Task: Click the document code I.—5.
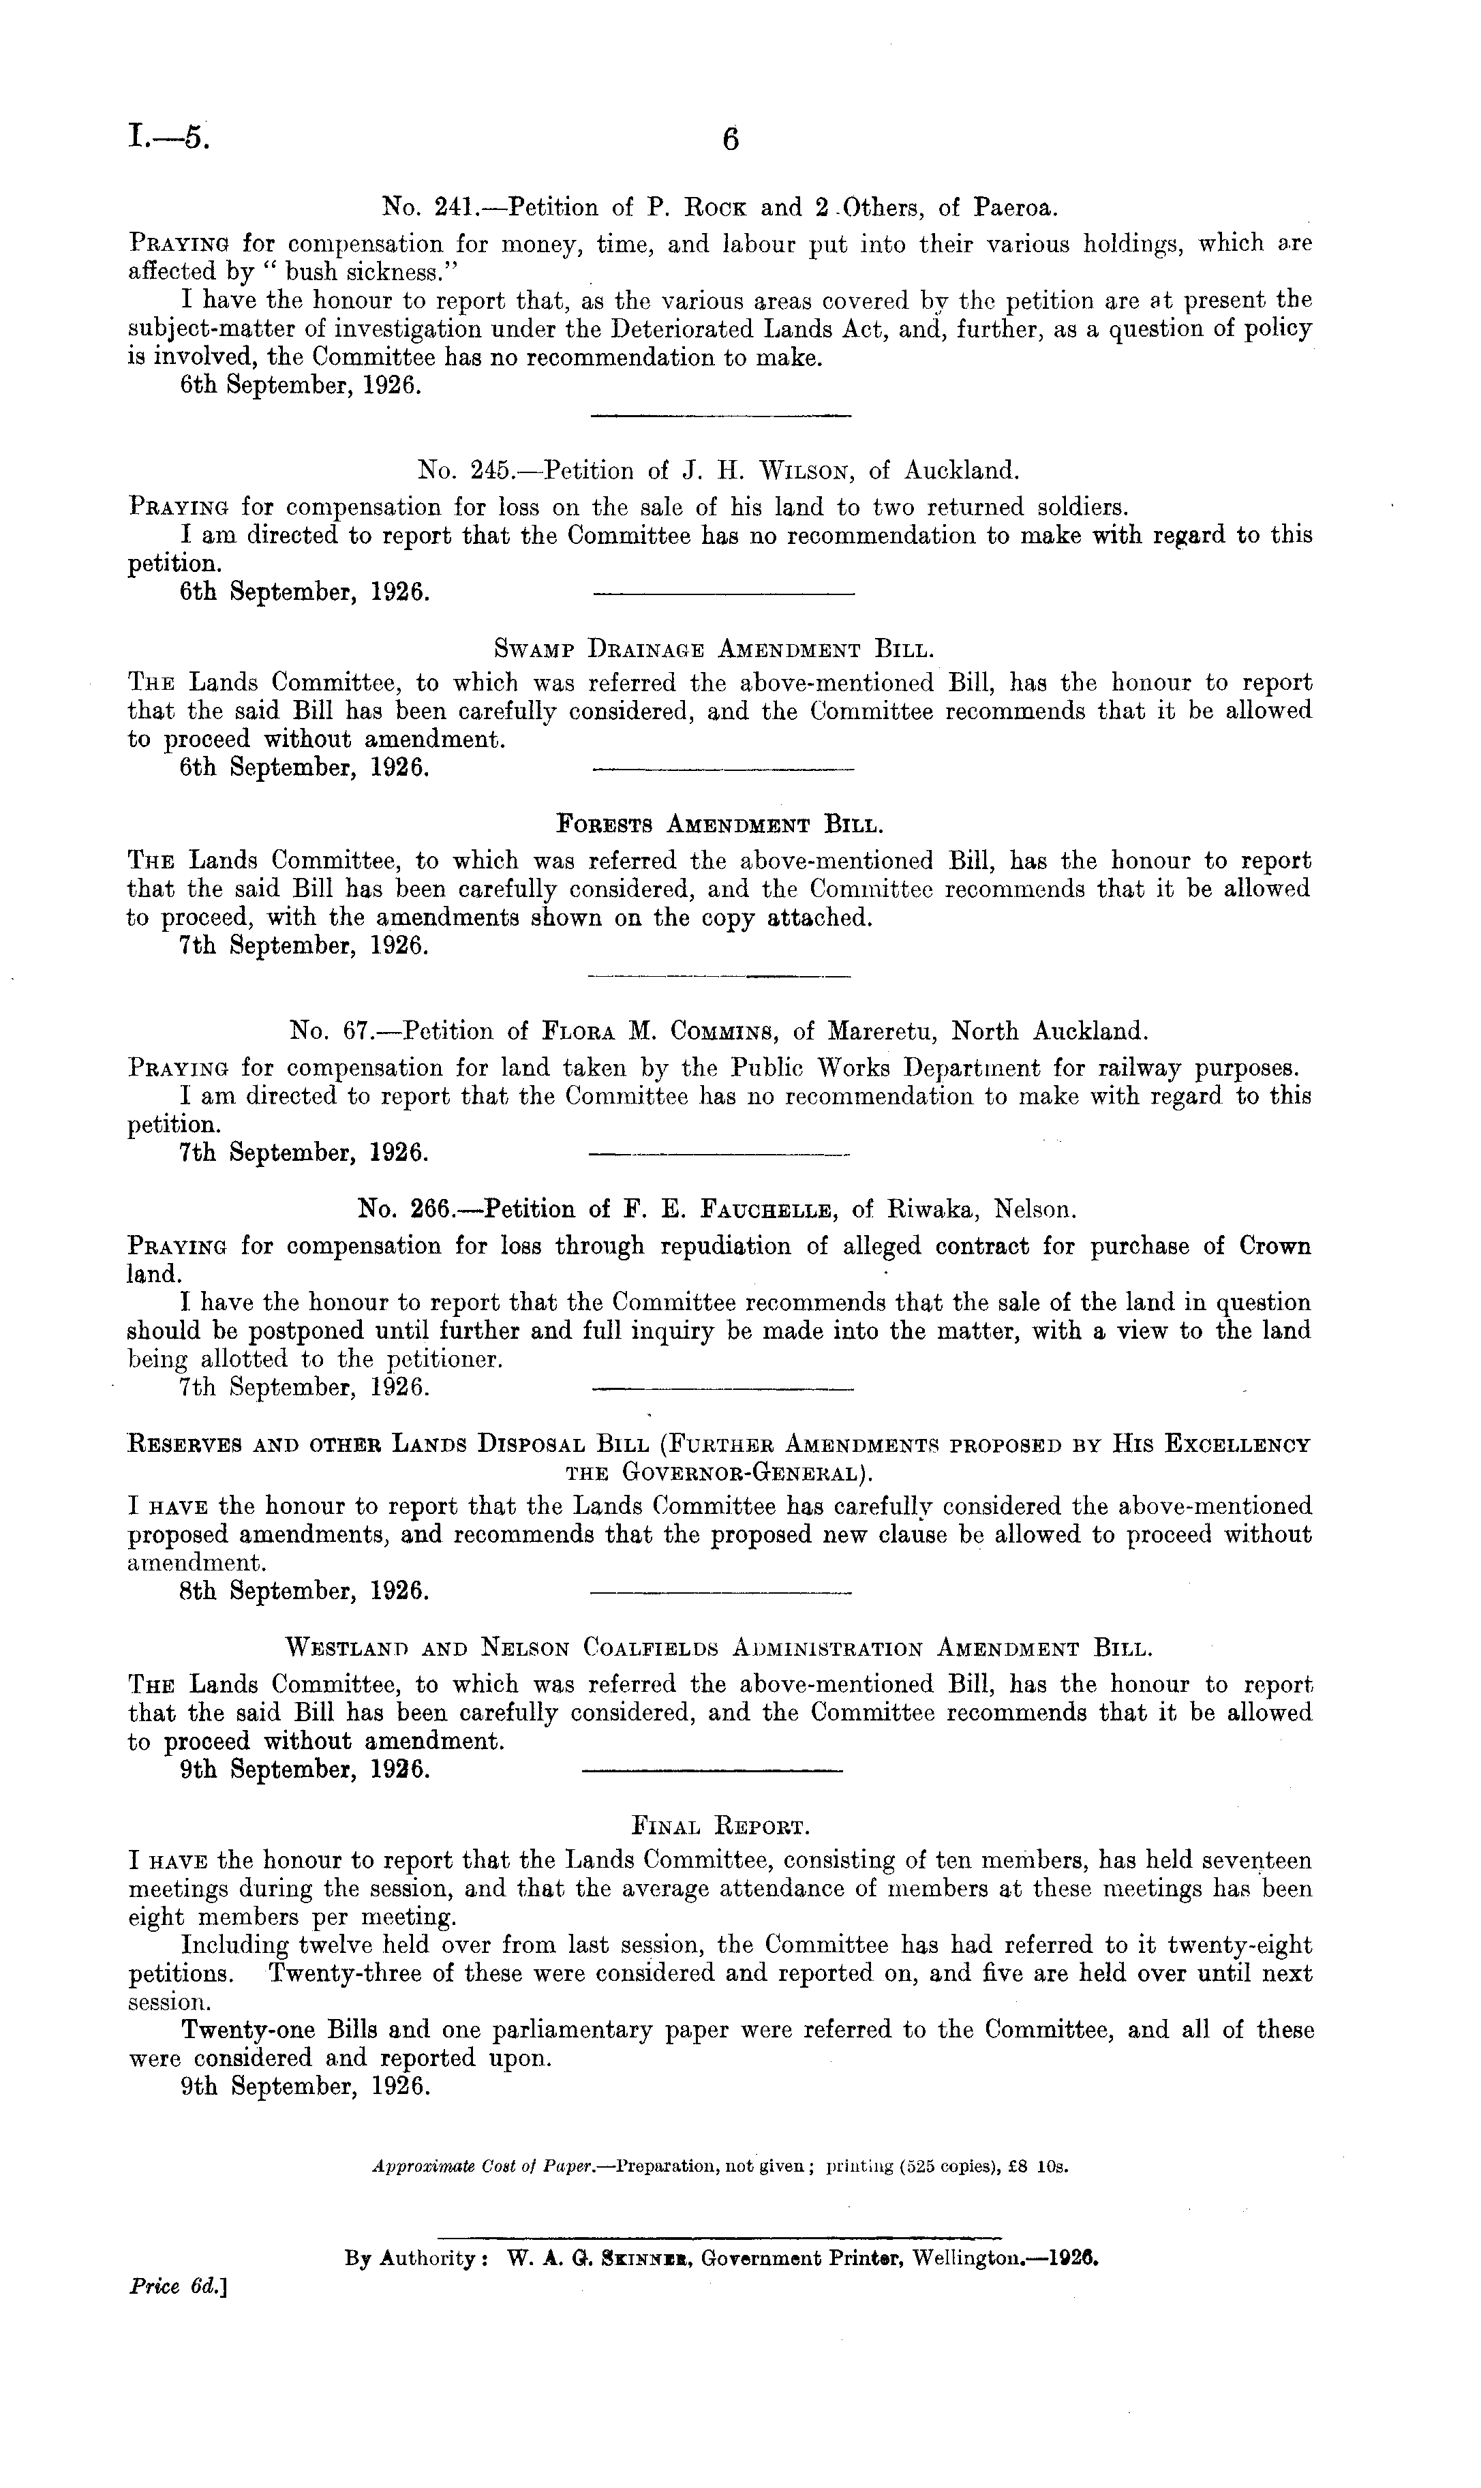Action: pyautogui.click(x=170, y=137)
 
